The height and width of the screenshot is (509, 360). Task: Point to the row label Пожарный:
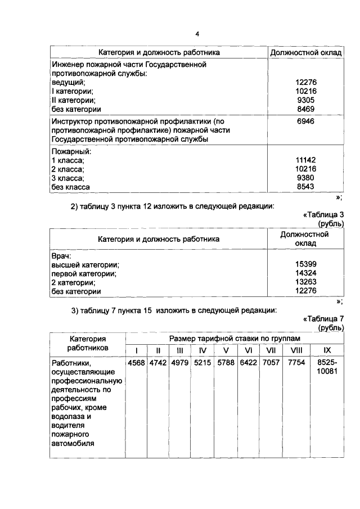coord(71,151)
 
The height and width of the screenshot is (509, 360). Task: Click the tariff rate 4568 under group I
coord(137,363)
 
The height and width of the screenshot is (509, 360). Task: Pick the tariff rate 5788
coord(226,363)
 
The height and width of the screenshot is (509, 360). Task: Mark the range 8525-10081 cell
coord(327,367)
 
